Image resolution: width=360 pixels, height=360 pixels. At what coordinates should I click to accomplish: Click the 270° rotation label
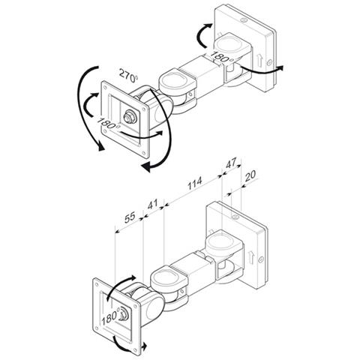[128, 75]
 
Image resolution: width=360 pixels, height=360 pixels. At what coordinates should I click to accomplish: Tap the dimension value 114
[195, 184]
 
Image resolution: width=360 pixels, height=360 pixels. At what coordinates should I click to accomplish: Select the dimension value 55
[130, 217]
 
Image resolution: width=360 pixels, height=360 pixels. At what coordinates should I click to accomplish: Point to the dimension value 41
[152, 204]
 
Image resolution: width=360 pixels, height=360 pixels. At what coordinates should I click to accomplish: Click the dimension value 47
[230, 163]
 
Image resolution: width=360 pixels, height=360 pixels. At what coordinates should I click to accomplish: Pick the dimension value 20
[250, 175]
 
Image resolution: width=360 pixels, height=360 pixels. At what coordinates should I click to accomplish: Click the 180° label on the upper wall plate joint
[222, 57]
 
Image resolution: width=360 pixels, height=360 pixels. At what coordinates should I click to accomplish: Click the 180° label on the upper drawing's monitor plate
[108, 123]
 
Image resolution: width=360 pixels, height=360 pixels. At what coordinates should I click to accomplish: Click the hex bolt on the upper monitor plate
[130, 117]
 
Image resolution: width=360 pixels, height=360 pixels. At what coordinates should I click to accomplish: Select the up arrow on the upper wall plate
[260, 61]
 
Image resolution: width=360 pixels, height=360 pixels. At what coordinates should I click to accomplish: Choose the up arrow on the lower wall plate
[251, 257]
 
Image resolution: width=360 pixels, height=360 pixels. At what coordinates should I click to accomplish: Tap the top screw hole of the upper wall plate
[244, 21]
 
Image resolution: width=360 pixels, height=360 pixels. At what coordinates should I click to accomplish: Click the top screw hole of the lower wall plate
[235, 217]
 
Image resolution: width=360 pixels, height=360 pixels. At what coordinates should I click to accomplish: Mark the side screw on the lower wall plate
[261, 259]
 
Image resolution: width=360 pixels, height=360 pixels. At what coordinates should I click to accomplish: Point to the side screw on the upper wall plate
[269, 63]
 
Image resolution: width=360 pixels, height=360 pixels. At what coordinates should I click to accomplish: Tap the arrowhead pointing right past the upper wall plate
[280, 67]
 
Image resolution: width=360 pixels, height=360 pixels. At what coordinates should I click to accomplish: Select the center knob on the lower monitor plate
[124, 313]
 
